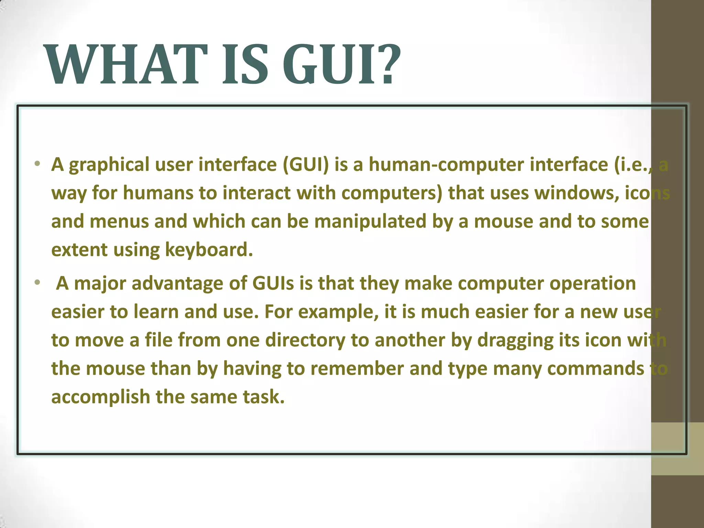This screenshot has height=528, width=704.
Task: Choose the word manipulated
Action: pos(370,221)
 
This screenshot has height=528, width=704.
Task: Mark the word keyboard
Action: pos(209,250)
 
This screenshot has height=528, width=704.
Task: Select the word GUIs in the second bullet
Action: pos(273,283)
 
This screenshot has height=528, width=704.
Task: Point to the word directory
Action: pos(305,340)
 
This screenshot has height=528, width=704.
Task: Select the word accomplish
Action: pos(101,397)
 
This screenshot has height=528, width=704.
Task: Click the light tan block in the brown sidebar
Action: pos(678,449)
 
